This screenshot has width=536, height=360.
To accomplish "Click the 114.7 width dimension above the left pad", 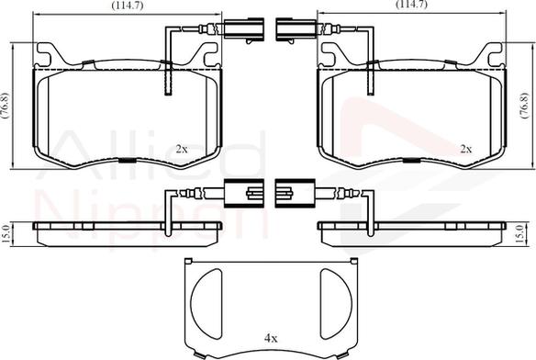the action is [x=127, y=6].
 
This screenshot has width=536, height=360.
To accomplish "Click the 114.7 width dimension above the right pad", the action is [x=411, y=5].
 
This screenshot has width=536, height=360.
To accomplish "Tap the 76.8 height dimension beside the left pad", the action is [x=6, y=105].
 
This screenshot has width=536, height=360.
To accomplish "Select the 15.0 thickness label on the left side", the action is [x=6, y=234].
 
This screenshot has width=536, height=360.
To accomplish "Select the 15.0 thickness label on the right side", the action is [x=519, y=234].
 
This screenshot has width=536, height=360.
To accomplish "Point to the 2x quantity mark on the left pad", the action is [x=182, y=149].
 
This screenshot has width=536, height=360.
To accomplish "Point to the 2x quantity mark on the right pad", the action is [x=466, y=149].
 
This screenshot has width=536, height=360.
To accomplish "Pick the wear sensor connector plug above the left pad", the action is [x=244, y=28].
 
